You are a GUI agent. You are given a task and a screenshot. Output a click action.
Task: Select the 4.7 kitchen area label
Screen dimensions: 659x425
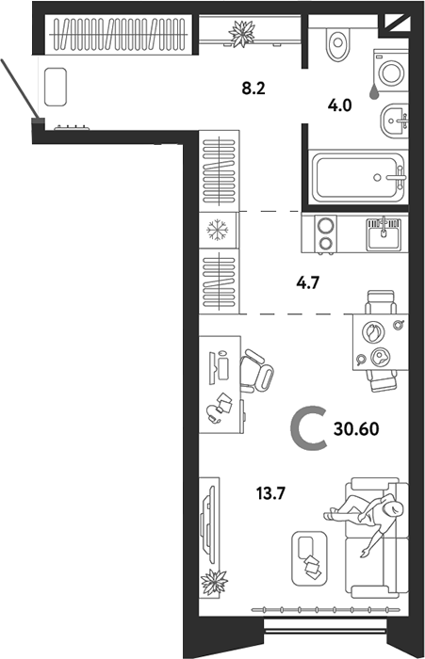296,279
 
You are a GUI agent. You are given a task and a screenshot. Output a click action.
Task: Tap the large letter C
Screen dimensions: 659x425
308,431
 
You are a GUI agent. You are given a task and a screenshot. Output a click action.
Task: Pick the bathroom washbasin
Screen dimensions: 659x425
393,120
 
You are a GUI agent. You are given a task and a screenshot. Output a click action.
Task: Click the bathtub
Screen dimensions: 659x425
358,176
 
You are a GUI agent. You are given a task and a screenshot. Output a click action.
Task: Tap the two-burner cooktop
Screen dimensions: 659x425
326,234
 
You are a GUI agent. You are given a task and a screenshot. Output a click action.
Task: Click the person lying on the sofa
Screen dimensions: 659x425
369,517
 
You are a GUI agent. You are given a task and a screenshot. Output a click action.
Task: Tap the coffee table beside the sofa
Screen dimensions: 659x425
307,556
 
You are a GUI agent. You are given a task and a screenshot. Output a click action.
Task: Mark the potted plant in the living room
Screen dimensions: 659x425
216,583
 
